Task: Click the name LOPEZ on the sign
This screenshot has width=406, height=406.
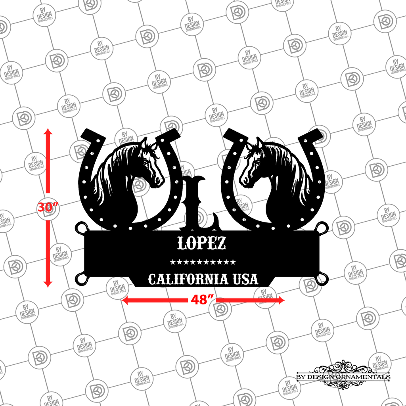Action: (x=201, y=243)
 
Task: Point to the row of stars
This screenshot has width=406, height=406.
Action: (x=203, y=262)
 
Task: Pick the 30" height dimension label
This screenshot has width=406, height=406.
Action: (x=48, y=207)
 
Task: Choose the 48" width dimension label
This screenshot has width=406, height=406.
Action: (x=202, y=300)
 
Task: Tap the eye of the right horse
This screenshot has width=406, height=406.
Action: (x=258, y=162)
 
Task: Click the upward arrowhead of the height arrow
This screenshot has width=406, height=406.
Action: (x=48, y=131)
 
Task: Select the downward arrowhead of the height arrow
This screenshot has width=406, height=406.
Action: (x=48, y=284)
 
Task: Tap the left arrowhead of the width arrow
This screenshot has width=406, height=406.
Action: (x=124, y=301)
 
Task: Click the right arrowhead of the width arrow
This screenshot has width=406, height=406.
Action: (x=282, y=301)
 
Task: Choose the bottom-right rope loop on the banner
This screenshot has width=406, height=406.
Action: (x=322, y=279)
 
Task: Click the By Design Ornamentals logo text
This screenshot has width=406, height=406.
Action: (x=343, y=377)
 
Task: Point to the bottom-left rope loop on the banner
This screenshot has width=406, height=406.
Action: (x=81, y=279)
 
